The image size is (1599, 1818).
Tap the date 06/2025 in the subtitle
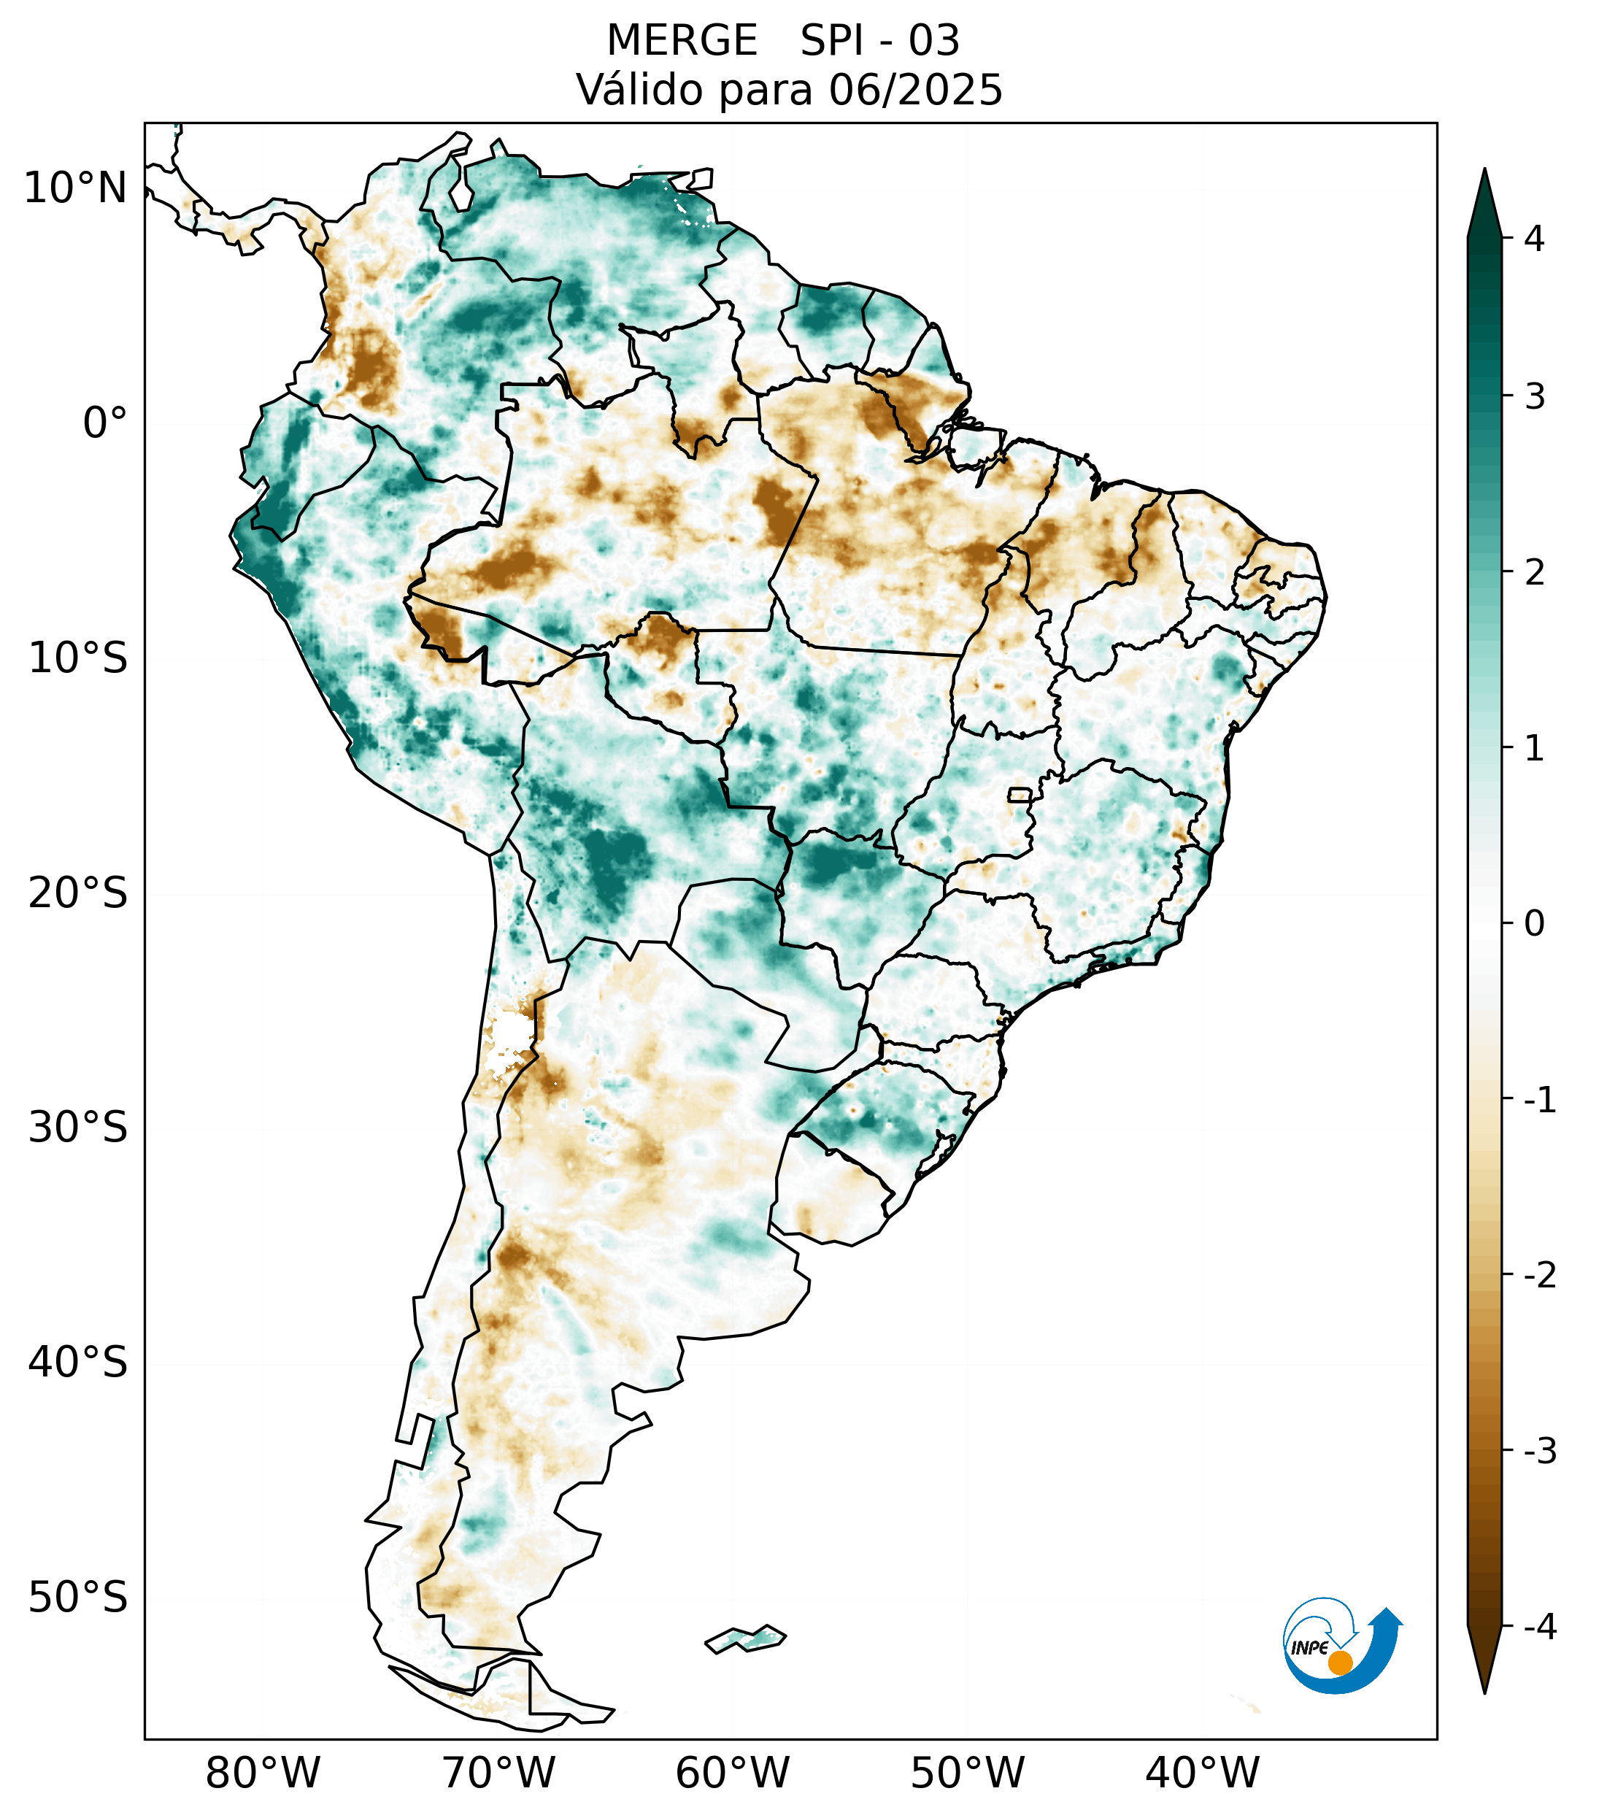(915, 90)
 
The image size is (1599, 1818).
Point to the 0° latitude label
(105, 423)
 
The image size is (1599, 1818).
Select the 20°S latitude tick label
(78, 893)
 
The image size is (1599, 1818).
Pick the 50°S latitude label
(78, 1598)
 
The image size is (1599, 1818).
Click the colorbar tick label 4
(1534, 239)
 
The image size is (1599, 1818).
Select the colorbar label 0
(1534, 924)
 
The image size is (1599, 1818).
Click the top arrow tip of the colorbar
(1484, 171)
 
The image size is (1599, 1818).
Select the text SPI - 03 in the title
(879, 41)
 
